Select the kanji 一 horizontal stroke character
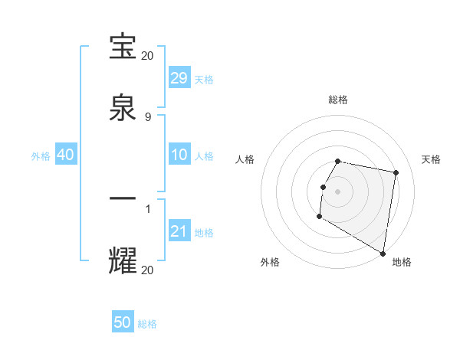[123, 198]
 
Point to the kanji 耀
[123, 260]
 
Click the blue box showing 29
[179, 78]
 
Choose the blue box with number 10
[179, 155]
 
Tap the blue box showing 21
[179, 232]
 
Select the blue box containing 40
[65, 155]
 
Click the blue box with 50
[123, 322]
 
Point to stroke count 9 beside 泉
[148, 117]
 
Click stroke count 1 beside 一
[148, 208]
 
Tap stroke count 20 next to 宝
[148, 56]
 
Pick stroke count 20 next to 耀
[148, 270]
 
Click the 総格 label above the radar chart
[338, 100]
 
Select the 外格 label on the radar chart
[270, 262]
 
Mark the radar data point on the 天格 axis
[396, 174]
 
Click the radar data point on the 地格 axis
[383, 254]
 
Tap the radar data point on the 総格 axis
[338, 161]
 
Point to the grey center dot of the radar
[338, 191]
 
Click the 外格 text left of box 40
[41, 156]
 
